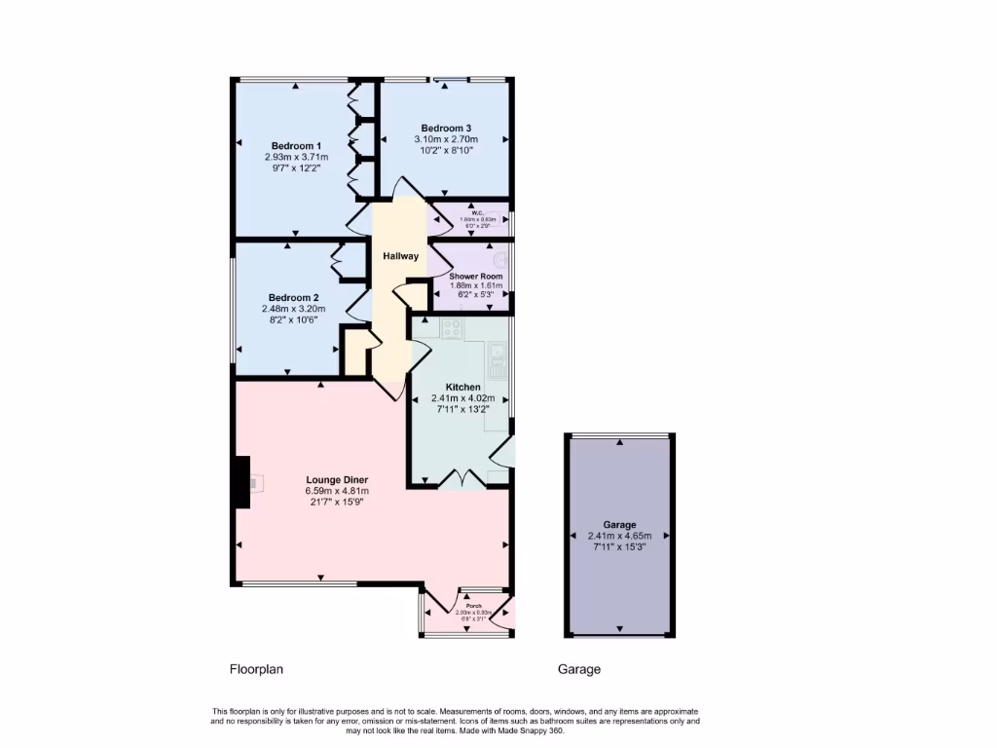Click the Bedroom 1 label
tap(296, 146)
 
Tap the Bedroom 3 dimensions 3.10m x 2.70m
tap(446, 139)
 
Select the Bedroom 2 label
tap(293, 298)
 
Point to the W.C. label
tap(477, 213)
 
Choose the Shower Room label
tap(475, 277)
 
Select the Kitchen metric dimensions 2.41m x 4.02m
tap(463, 398)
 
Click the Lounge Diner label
tap(336, 480)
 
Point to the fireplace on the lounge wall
tap(241, 483)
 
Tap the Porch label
tap(473, 606)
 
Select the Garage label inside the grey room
tap(619, 525)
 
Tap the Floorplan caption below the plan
tap(255, 669)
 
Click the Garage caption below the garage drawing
tap(578, 669)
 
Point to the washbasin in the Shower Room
tap(501, 260)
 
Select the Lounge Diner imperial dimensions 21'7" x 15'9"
tap(336, 503)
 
